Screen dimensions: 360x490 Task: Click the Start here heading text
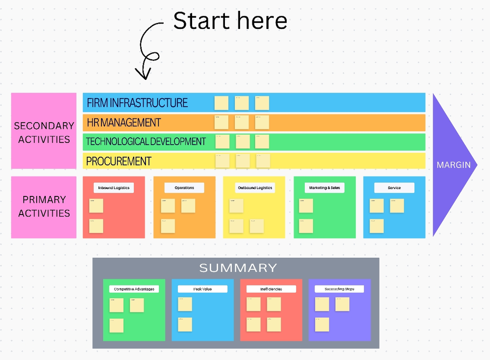coord(230,21)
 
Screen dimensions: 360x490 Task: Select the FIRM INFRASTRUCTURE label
coord(137,103)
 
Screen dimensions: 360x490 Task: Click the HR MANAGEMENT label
coord(123,122)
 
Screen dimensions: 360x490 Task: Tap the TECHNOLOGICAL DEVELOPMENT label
coord(146,142)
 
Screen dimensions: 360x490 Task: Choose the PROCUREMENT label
coord(119,161)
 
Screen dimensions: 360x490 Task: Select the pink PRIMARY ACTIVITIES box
coord(44,206)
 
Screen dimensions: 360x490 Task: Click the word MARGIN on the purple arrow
coord(454,165)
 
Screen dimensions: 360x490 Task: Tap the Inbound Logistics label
coord(114,188)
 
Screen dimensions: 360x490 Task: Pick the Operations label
coord(184,188)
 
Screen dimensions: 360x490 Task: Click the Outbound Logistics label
coord(254,188)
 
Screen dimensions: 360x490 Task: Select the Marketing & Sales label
coord(324,188)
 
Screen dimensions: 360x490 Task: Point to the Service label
coord(394,188)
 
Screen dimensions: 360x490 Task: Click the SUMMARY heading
coord(238,268)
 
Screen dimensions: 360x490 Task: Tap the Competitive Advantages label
coord(134,289)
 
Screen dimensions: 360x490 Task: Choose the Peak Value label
coord(202,289)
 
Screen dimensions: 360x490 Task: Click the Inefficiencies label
coord(271,289)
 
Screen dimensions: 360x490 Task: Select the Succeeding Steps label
coord(339,289)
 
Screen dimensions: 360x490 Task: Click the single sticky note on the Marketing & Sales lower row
coord(306,226)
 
